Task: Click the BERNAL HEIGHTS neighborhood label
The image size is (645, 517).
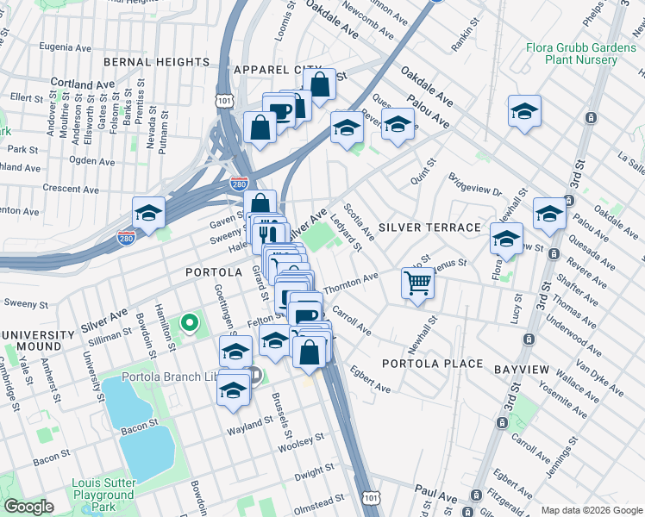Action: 156,62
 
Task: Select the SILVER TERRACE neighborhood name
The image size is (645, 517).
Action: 428,227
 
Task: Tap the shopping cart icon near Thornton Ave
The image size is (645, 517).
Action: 418,282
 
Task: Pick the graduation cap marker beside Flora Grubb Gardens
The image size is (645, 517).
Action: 524,111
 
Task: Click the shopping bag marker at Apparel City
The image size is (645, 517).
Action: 319,84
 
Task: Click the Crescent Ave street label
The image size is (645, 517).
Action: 72,188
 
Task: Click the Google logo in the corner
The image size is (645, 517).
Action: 28,507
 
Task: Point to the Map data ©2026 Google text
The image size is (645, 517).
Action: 591,510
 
